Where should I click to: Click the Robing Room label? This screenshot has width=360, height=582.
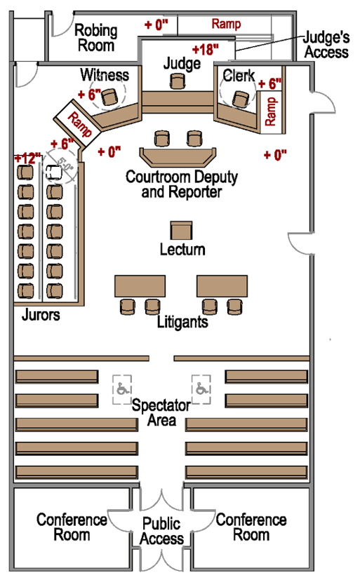coord(96,38)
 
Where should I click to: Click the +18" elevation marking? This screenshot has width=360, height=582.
coord(205,49)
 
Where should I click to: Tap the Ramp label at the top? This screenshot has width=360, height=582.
coord(226,25)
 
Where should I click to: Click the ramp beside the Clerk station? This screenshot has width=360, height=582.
coord(271,111)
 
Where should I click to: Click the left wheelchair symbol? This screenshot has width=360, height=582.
coord(123,388)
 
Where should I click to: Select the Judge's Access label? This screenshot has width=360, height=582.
coord(326,45)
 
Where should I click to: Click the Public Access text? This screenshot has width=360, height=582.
coord(162,532)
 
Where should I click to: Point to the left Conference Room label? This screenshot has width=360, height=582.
coord(72,527)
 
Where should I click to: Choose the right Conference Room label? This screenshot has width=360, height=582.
coord(251,527)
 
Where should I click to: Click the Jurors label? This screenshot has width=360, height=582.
coord(40,316)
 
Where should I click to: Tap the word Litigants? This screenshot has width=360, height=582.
coord(182,323)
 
